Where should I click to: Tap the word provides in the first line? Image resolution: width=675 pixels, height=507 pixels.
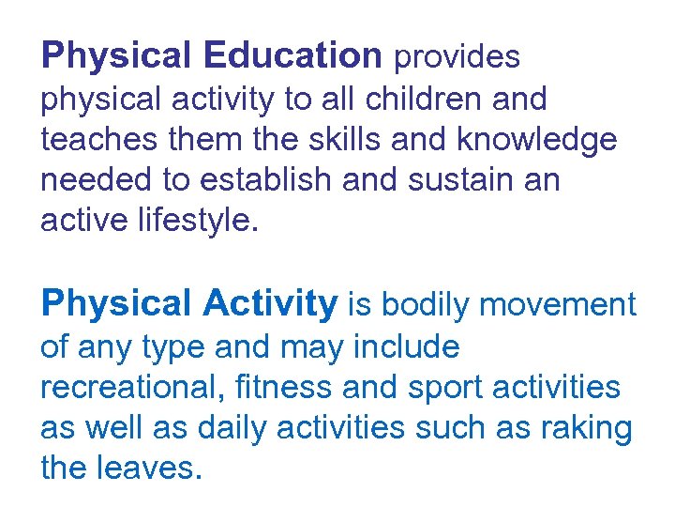click(x=457, y=57)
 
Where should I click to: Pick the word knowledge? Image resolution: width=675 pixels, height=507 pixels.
click(x=537, y=140)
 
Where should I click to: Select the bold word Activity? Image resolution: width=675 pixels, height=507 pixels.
click(x=269, y=304)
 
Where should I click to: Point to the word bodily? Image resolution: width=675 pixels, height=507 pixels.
click(x=424, y=305)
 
